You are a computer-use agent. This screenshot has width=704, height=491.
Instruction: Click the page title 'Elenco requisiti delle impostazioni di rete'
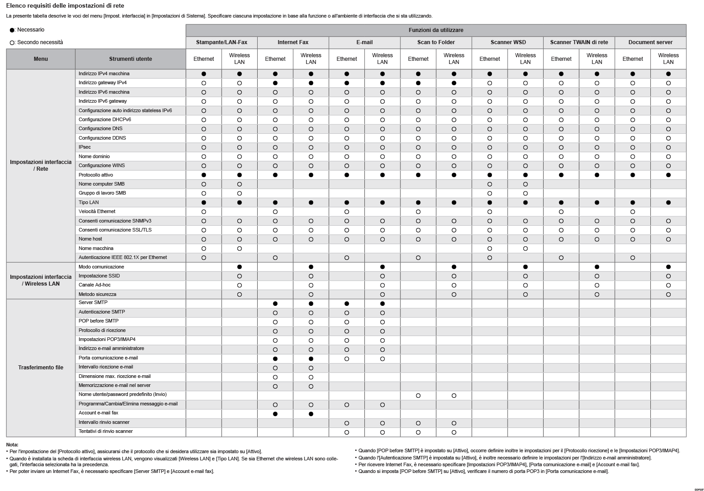click(65, 6)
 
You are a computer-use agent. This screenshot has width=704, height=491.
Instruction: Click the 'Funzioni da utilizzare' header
click(436, 30)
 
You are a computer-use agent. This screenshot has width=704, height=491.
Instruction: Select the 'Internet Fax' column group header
click(293, 42)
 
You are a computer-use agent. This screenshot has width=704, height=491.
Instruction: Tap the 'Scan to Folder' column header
click(436, 42)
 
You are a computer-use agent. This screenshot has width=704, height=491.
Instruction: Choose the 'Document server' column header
click(650, 42)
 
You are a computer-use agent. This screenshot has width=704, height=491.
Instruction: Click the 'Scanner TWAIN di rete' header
click(579, 42)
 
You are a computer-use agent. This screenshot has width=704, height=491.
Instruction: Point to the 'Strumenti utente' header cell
click(130, 59)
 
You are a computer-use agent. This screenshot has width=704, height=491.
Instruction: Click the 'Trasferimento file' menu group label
click(41, 368)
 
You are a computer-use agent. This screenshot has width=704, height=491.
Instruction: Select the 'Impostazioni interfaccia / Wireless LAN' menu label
click(41, 280)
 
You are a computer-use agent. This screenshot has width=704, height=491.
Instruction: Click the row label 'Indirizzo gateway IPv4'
click(103, 83)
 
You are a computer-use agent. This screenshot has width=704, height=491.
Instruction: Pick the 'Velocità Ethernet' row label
click(97, 212)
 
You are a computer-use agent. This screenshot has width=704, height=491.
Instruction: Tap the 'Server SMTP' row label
click(93, 303)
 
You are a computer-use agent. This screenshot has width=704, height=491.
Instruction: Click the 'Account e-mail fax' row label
click(98, 413)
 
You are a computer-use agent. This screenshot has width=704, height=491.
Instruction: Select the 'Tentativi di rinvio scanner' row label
click(105, 432)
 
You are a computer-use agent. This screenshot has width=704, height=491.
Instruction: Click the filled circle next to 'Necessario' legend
click(12, 30)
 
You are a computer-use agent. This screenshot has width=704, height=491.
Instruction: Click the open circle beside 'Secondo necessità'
click(12, 43)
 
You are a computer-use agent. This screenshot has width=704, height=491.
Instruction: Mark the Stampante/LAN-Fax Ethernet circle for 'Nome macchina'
click(204, 249)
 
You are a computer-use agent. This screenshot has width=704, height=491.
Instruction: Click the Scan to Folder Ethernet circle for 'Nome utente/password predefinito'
click(418, 396)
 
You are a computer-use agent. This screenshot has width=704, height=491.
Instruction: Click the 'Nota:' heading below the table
click(12, 445)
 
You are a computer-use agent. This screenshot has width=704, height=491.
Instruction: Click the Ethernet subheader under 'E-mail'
click(346, 59)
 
